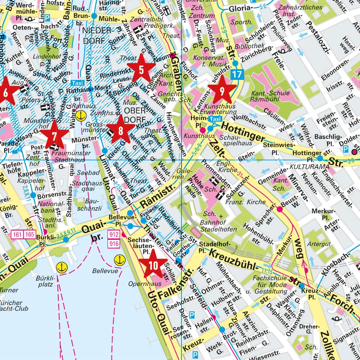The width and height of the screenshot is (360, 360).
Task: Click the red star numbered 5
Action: pyautogui.click(x=141, y=69)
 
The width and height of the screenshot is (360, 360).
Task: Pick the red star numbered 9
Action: pyautogui.click(x=222, y=90)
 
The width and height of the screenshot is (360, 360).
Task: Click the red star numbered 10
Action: pyautogui.click(x=153, y=265)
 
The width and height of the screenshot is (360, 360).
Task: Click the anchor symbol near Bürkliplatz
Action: pyautogui.click(x=63, y=267)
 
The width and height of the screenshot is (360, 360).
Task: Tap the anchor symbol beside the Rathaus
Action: pyautogui.click(x=81, y=116)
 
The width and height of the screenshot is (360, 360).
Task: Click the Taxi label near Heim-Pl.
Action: pyautogui.click(x=215, y=119)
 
